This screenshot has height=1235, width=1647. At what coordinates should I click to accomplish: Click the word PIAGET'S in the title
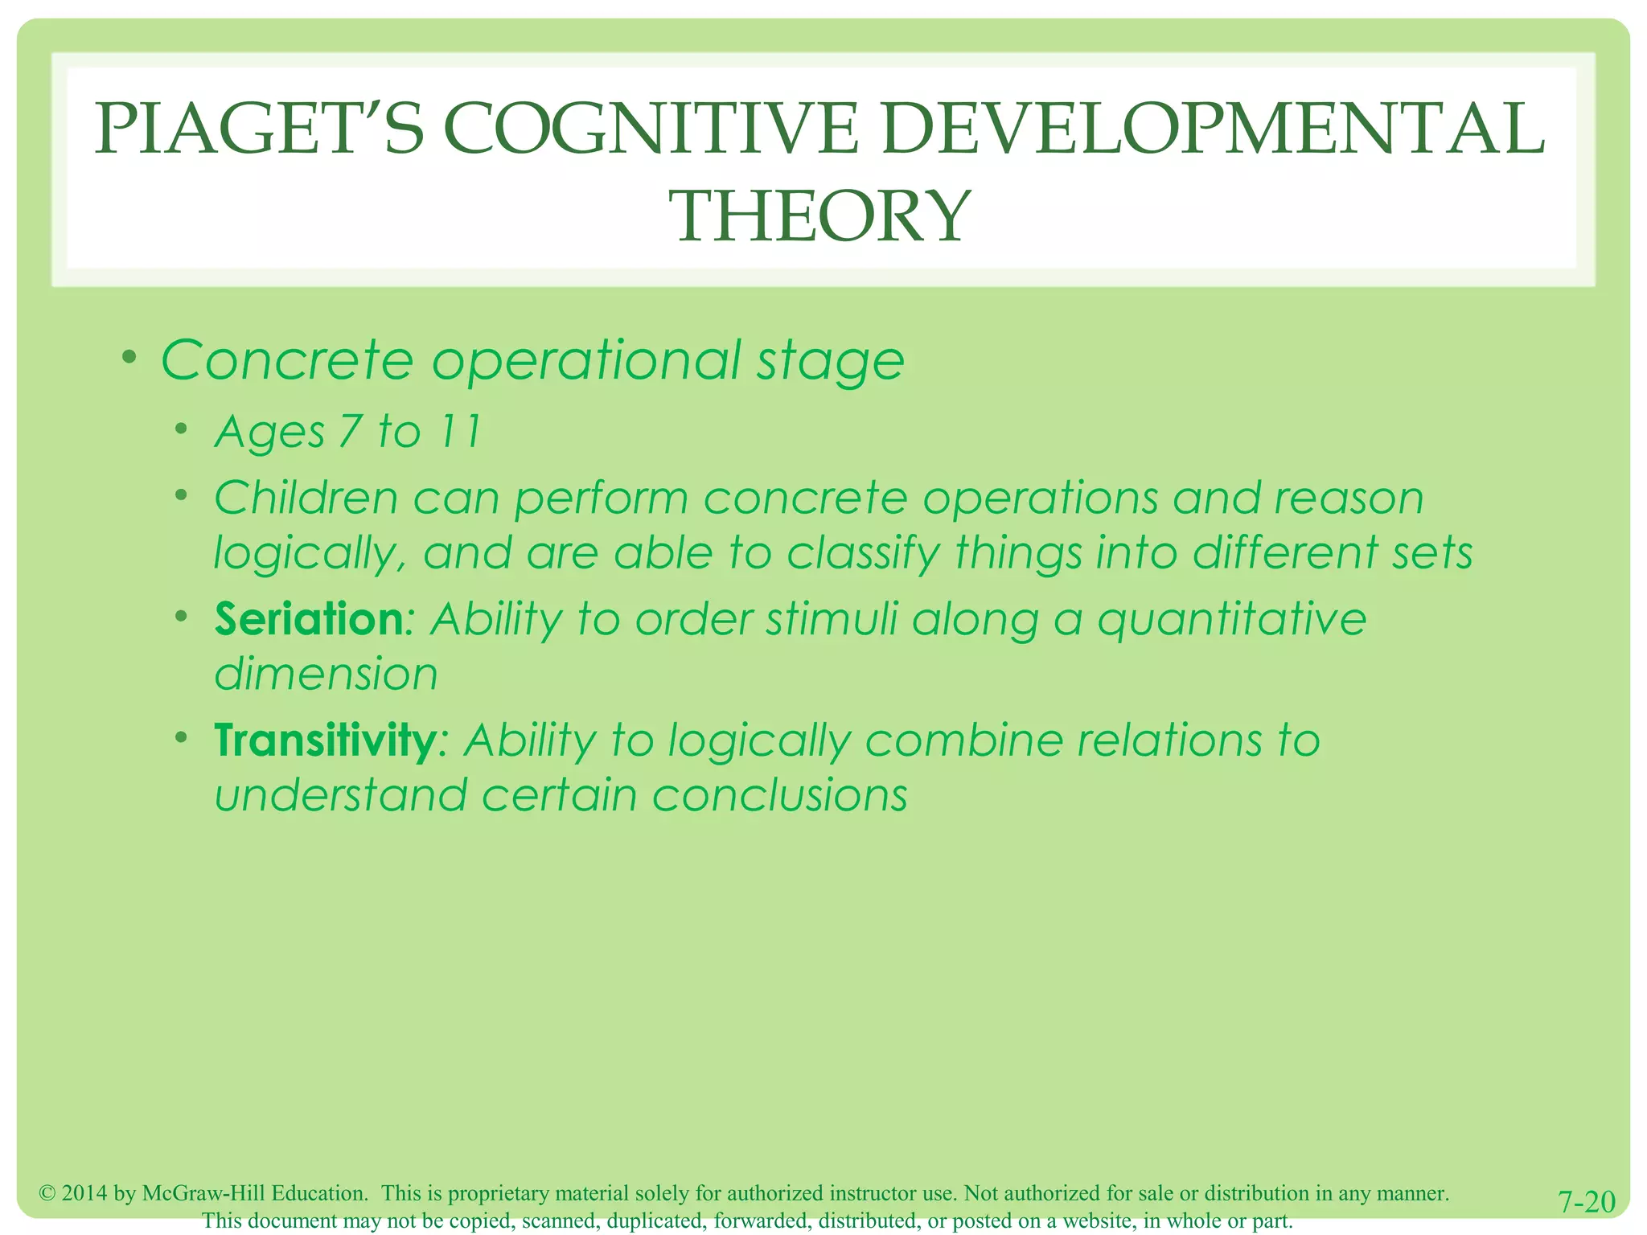[x=259, y=130]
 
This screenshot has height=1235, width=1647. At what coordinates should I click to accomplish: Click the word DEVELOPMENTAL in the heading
[x=1212, y=130]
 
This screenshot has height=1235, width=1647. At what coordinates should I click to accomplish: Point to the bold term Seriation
[x=309, y=619]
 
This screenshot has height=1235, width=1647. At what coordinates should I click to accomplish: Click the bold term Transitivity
[x=325, y=741]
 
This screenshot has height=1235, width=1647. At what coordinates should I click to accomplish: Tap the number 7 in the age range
[x=350, y=432]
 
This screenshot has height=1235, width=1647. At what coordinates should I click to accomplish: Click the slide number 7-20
[x=1586, y=1202]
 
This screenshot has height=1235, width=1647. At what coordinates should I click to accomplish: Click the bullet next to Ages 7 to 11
[x=183, y=428]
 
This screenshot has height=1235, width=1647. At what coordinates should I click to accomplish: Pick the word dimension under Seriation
[x=326, y=674]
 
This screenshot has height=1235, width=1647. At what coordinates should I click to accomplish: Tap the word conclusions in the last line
[x=779, y=795]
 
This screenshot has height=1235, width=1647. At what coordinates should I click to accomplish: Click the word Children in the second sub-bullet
[x=306, y=499]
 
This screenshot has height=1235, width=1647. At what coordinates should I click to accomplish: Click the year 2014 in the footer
[x=84, y=1193]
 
